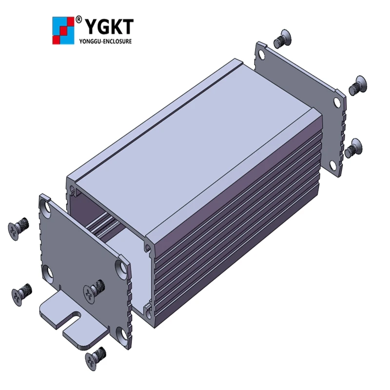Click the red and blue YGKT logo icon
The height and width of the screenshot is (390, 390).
tap(63, 31)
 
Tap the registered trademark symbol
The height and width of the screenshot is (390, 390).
tap(78, 19)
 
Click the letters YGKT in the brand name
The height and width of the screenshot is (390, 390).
tap(109, 27)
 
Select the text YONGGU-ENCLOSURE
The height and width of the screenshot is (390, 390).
tap(105, 41)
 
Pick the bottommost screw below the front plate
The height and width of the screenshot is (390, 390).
tap(95, 358)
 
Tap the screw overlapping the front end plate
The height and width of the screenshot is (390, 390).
tap(94, 290)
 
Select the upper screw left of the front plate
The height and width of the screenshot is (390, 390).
tap(18, 228)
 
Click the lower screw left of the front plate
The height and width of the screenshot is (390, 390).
tap(21, 294)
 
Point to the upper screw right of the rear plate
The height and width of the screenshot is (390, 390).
tap(358, 85)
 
